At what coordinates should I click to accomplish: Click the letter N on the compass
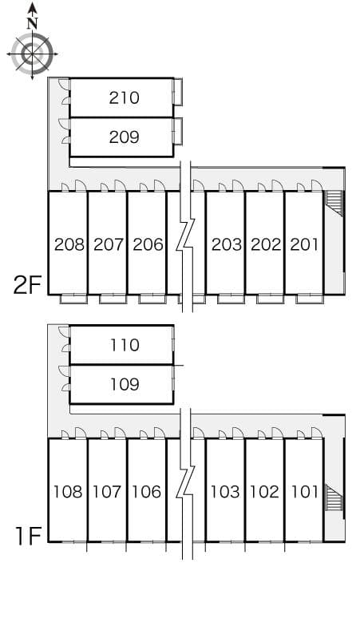[32, 24]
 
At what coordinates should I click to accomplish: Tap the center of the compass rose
[32, 53]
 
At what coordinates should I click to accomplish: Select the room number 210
[124, 98]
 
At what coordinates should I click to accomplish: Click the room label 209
[124, 137]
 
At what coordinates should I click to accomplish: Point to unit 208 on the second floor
[69, 245]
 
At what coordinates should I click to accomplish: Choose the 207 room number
[109, 245]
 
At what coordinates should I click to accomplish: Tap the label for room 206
[148, 245]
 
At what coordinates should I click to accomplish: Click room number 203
[227, 245]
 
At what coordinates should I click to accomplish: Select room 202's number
[266, 245]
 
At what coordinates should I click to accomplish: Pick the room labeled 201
[303, 245]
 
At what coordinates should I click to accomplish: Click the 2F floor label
[27, 286]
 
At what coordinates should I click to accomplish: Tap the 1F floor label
[29, 536]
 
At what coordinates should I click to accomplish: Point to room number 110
[125, 345]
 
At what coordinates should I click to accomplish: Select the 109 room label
[125, 384]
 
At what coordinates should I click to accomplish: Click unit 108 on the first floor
[68, 492]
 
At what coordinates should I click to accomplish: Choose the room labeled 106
[147, 492]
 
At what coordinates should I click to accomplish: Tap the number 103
[225, 492]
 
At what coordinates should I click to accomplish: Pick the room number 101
[304, 492]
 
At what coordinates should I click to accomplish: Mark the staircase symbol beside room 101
[334, 497]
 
